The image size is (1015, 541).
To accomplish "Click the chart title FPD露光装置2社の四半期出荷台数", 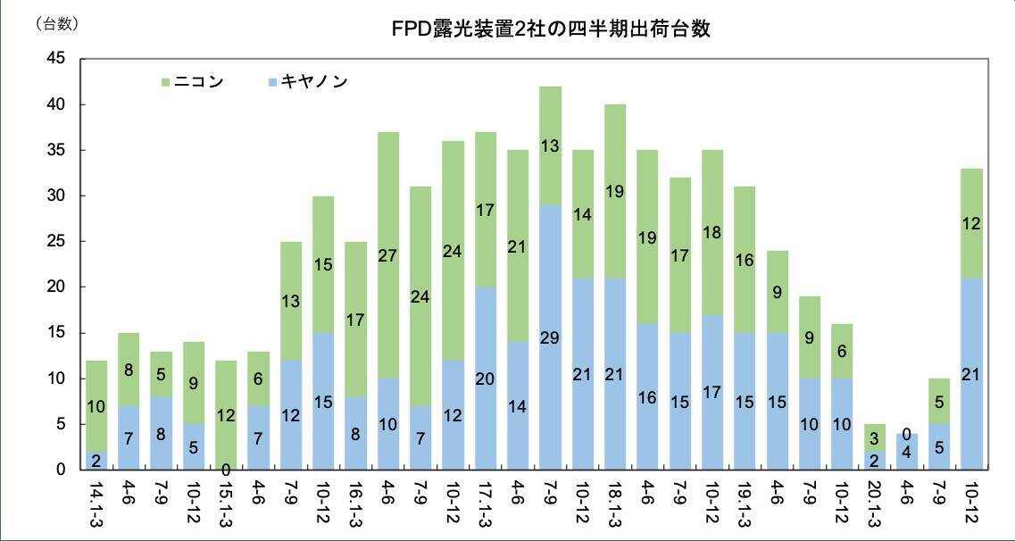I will tap(552, 29).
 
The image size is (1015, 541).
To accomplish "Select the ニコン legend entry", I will tap(191, 82).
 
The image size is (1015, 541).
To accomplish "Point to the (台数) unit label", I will tap(56, 25).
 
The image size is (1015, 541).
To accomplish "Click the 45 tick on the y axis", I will tap(56, 59).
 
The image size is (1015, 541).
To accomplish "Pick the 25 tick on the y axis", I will tap(56, 241).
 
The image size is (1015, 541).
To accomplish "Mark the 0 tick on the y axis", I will tap(61, 470).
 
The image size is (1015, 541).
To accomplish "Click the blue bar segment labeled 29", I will tap(550, 337).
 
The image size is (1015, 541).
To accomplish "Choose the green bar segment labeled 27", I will tap(388, 254).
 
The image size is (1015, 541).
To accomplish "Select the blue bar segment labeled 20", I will tap(486, 378).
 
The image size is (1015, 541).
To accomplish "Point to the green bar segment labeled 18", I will tap(712, 232).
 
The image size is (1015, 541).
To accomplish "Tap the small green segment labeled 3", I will tap(874, 437).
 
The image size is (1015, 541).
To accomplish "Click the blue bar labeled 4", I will tap(906, 452).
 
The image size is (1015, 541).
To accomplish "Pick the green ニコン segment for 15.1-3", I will tap(226, 415).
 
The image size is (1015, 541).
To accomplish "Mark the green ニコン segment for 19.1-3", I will tap(745, 260).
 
